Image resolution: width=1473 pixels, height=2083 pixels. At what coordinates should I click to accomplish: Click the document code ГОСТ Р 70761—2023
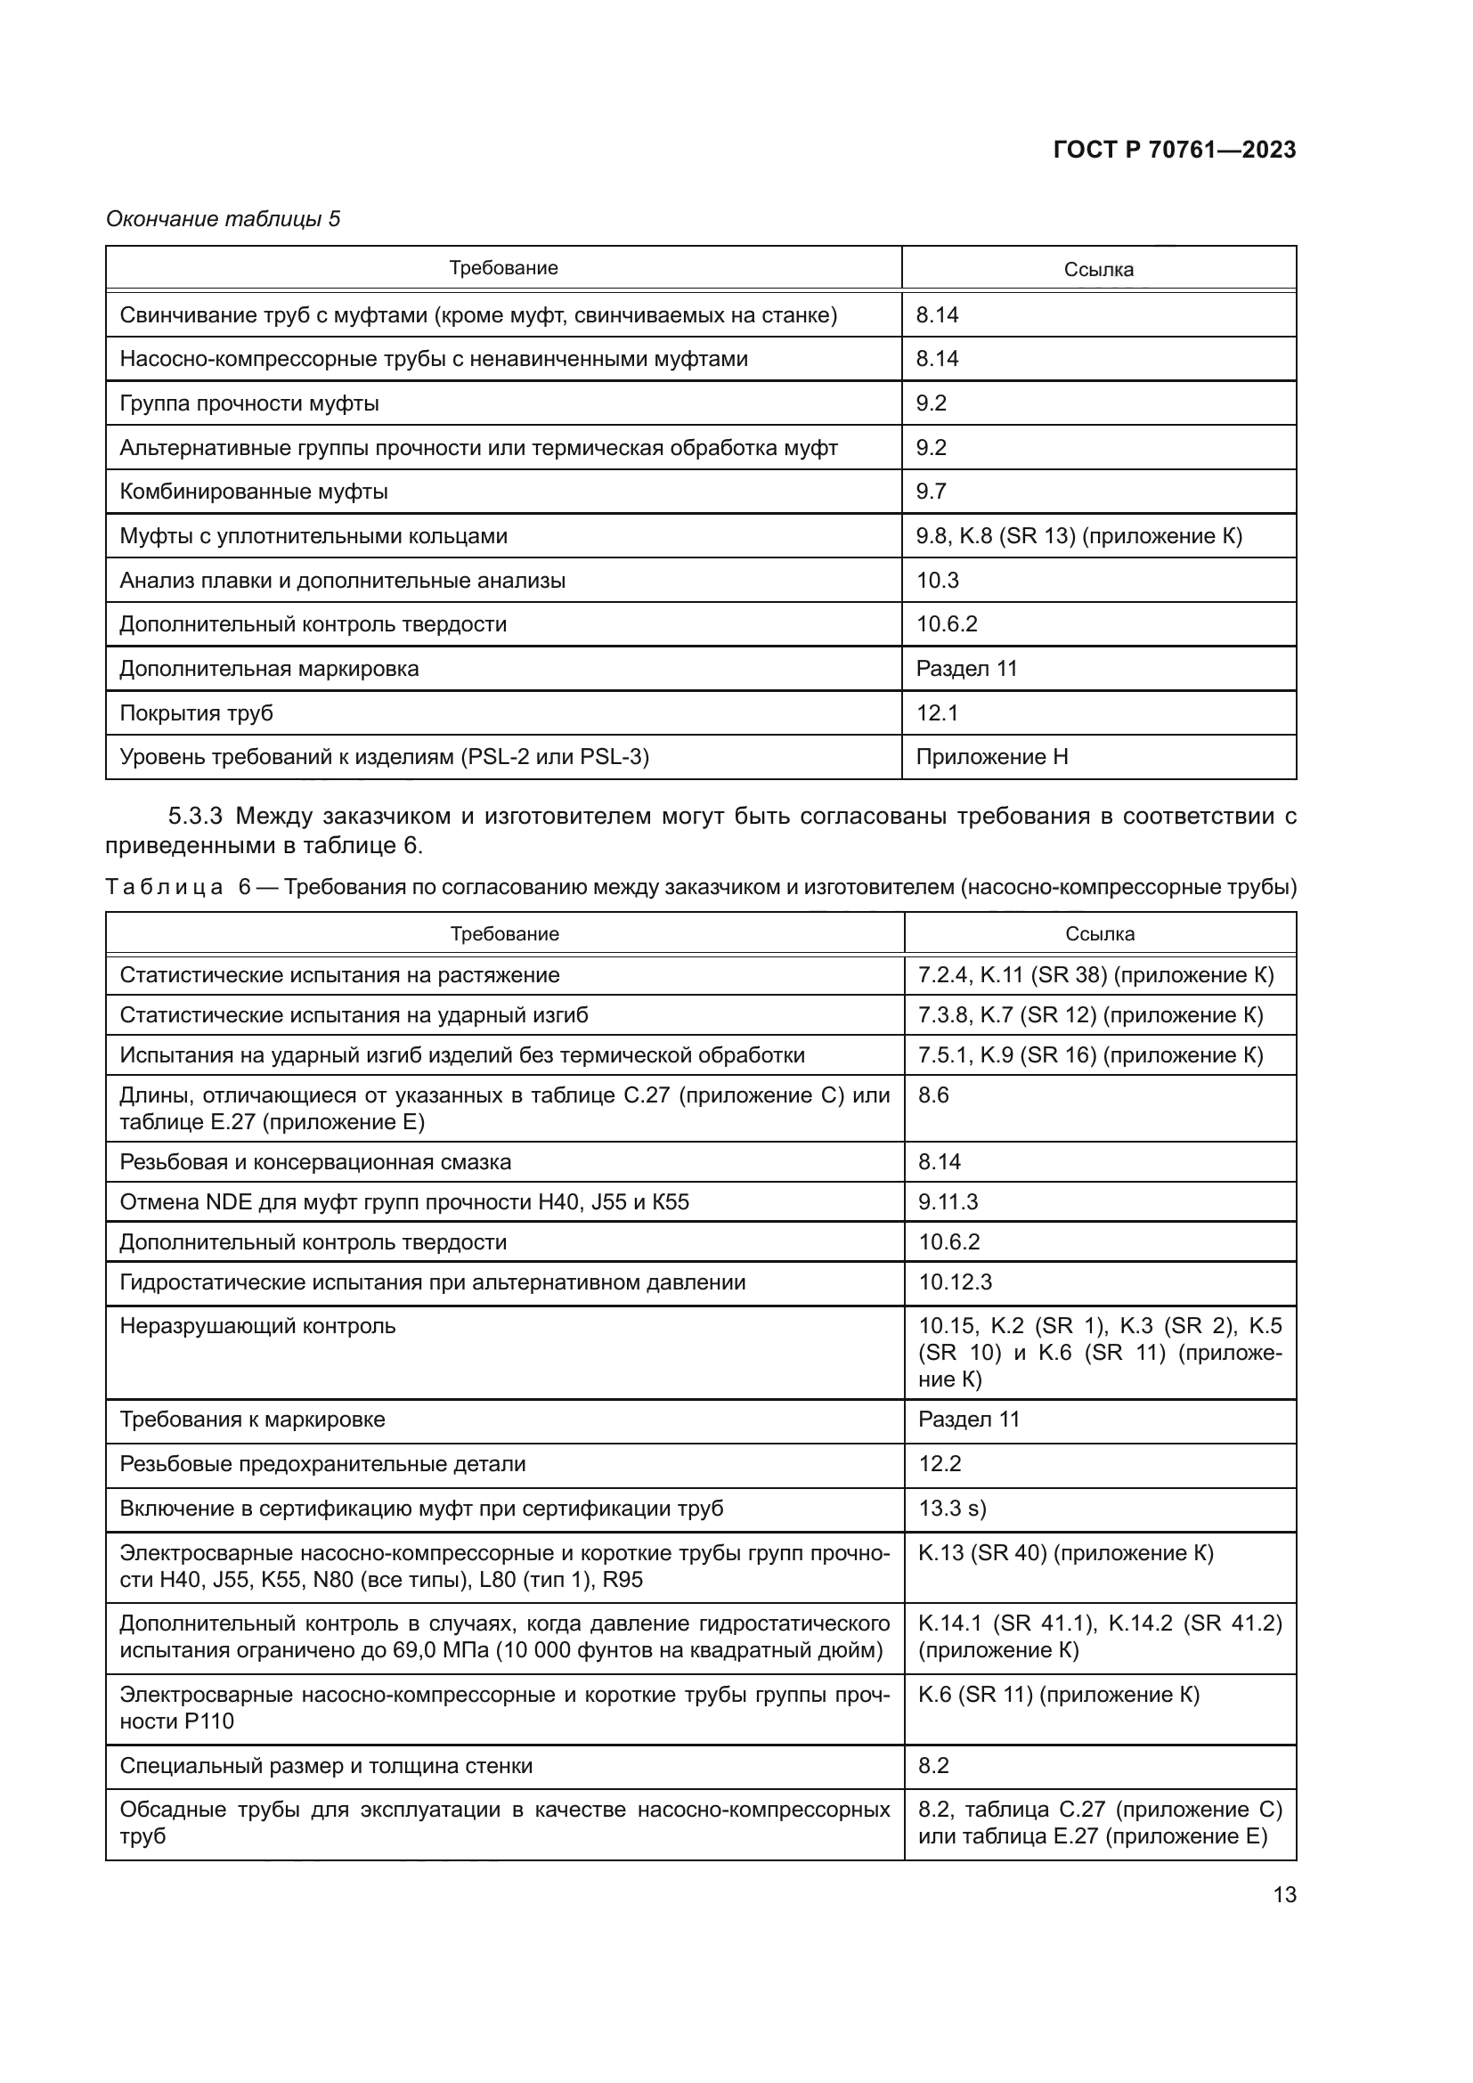[1174, 150]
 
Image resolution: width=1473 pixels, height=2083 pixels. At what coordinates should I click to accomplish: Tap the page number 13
[1284, 1894]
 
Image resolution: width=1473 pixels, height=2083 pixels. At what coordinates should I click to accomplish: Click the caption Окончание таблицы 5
[224, 219]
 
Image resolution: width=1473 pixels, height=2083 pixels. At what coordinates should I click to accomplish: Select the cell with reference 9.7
[932, 492]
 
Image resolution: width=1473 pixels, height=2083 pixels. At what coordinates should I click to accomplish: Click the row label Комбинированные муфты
[254, 492]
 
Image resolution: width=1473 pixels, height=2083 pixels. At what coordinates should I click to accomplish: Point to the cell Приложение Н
[991, 757]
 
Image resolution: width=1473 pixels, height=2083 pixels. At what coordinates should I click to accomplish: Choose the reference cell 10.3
[937, 580]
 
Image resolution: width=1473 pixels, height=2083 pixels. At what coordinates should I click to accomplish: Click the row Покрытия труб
[197, 713]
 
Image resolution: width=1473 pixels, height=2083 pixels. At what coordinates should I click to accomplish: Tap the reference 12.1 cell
[937, 713]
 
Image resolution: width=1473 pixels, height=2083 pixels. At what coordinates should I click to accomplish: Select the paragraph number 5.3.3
[196, 816]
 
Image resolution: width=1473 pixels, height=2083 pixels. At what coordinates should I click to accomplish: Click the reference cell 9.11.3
[948, 1202]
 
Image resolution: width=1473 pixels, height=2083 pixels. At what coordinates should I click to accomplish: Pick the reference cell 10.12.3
[955, 1282]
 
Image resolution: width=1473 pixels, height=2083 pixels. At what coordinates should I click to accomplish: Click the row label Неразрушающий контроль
[257, 1326]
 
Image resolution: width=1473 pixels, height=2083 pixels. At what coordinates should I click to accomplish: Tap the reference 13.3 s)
[951, 1508]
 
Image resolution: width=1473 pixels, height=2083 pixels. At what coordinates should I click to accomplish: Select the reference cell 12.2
[940, 1463]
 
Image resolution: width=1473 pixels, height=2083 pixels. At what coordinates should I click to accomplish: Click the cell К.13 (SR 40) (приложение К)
[1065, 1552]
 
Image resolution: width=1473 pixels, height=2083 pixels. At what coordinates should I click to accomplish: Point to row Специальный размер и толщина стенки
[326, 1765]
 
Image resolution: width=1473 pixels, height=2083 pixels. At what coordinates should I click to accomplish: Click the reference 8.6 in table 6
[933, 1095]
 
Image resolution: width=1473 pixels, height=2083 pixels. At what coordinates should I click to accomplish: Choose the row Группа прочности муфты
[249, 403]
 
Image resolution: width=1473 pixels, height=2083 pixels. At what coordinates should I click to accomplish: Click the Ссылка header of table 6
[1099, 933]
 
